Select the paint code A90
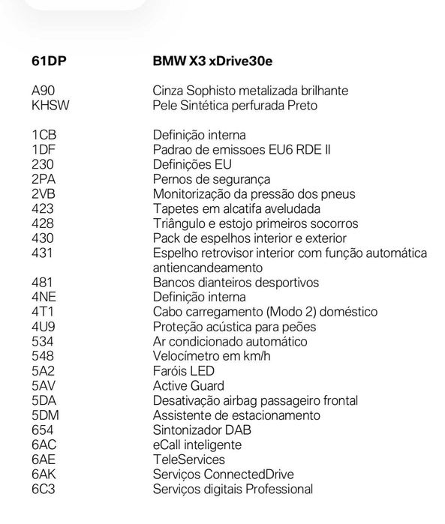point(42,91)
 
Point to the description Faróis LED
point(184,371)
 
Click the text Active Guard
point(188,386)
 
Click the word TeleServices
point(188,460)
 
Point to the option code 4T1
point(42,312)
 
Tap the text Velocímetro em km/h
point(212,356)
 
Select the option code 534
point(42,342)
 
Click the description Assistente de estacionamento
point(236,415)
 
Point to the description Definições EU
point(192,165)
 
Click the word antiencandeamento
point(208,268)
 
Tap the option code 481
point(42,283)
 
